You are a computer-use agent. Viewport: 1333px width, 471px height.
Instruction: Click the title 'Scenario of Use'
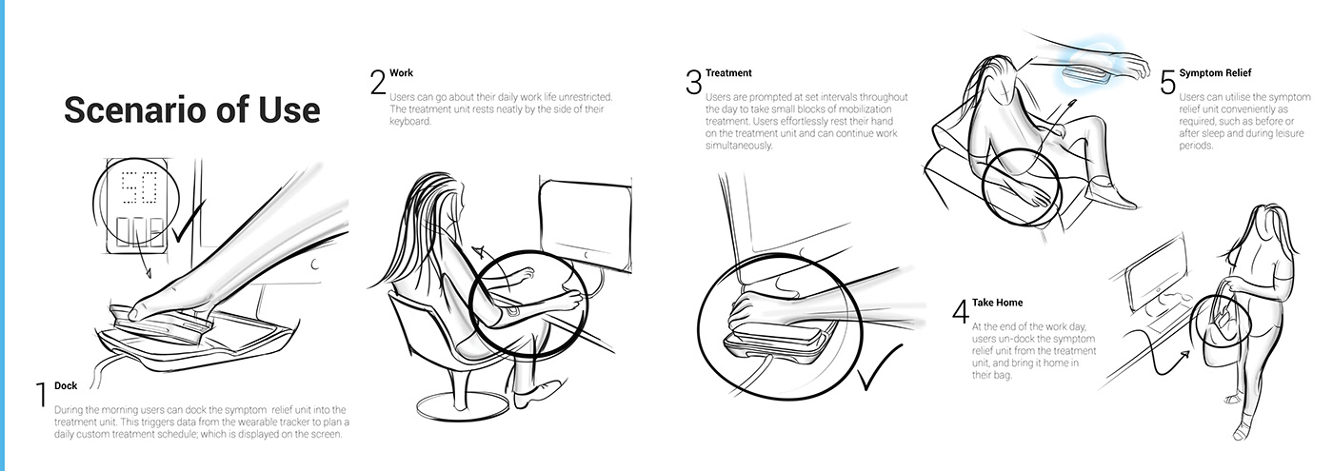coord(191,110)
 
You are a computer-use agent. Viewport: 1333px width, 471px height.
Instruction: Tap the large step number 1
coord(42,395)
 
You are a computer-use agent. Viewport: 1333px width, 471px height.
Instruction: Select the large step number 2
coord(378,82)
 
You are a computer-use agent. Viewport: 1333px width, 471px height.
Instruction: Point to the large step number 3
coord(693,82)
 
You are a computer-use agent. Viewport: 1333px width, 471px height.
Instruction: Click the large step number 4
coord(961,312)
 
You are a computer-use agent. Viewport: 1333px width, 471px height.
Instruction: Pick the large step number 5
coord(1167,82)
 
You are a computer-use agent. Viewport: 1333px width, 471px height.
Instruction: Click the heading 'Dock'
coord(66,386)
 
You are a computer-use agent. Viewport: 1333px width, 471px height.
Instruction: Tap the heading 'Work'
coord(401,73)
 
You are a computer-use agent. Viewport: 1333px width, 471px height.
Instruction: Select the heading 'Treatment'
coord(728,73)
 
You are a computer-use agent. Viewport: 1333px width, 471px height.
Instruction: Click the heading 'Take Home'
coord(998,303)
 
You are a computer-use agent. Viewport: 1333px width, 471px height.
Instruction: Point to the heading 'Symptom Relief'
coord(1215,73)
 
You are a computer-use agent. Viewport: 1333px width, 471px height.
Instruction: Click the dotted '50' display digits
coord(139,188)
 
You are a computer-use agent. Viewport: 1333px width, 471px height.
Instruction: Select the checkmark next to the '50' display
coord(189,221)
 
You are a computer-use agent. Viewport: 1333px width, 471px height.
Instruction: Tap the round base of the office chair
coord(464,406)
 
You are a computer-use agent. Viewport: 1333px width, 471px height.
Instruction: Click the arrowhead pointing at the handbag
coord(1185,355)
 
